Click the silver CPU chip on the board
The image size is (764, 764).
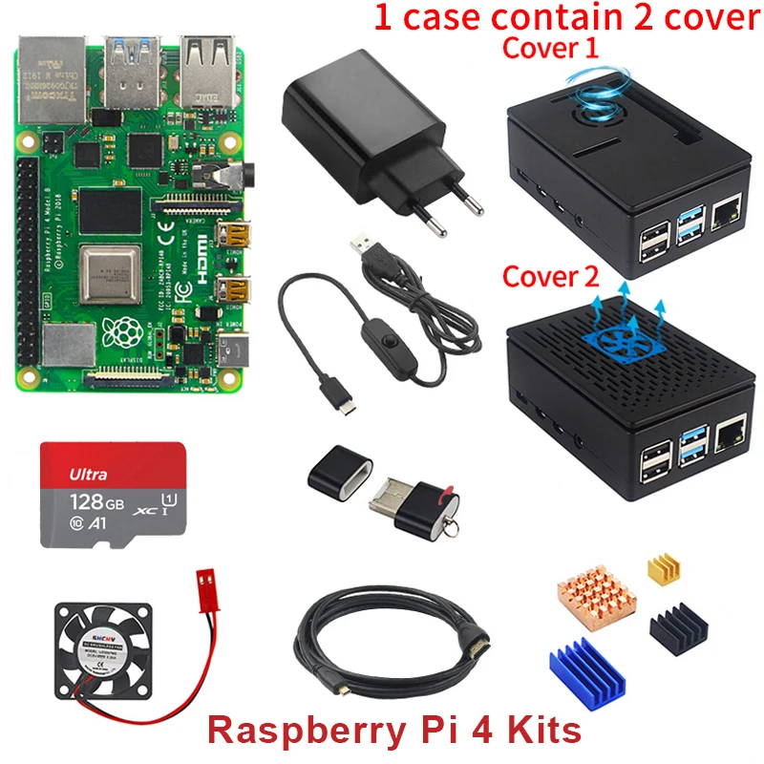click(x=110, y=271)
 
